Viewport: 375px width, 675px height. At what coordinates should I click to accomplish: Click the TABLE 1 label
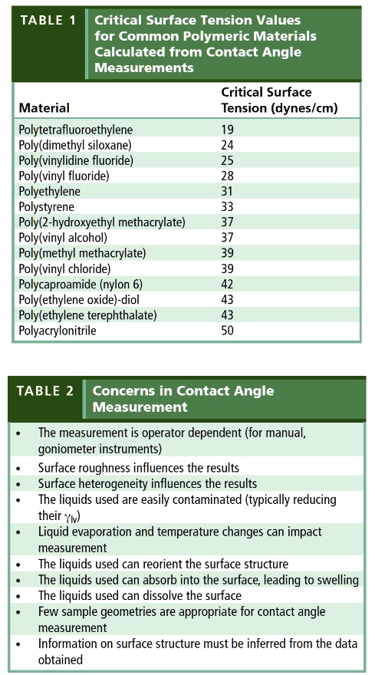tap(48, 21)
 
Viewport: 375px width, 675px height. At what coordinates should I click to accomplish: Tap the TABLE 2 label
tap(46, 391)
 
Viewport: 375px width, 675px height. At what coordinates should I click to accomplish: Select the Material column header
tap(44, 108)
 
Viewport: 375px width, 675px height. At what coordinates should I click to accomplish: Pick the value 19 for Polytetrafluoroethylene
tap(227, 130)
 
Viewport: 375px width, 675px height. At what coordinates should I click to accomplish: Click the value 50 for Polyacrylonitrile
tap(227, 331)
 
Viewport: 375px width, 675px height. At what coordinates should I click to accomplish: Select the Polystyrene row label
tap(45, 207)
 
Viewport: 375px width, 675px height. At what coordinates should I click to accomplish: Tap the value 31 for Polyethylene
tap(227, 192)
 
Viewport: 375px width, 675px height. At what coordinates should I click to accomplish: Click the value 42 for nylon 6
tap(227, 285)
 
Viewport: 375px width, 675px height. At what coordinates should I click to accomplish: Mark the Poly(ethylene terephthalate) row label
tap(87, 315)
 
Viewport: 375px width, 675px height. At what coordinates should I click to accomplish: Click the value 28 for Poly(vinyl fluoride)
tap(227, 176)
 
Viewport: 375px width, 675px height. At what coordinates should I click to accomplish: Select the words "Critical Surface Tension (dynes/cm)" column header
tap(279, 100)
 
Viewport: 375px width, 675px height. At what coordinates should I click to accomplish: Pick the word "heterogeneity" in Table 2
tap(114, 484)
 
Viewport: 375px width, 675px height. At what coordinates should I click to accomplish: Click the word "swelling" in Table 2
tap(337, 581)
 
